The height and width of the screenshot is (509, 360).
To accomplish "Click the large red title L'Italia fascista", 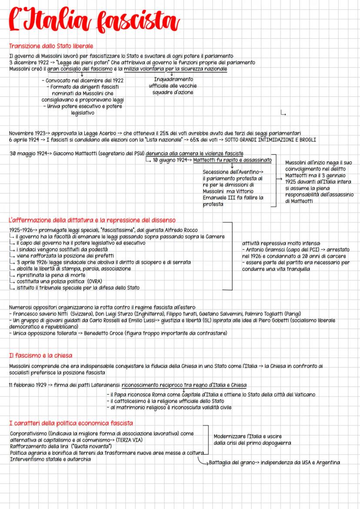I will click(93, 21).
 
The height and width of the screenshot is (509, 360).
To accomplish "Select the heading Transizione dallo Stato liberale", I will click(51, 46).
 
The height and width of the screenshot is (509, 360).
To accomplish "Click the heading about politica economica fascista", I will click(71, 423).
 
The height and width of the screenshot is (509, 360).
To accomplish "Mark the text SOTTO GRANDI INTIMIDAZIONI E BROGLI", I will click(270, 140).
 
